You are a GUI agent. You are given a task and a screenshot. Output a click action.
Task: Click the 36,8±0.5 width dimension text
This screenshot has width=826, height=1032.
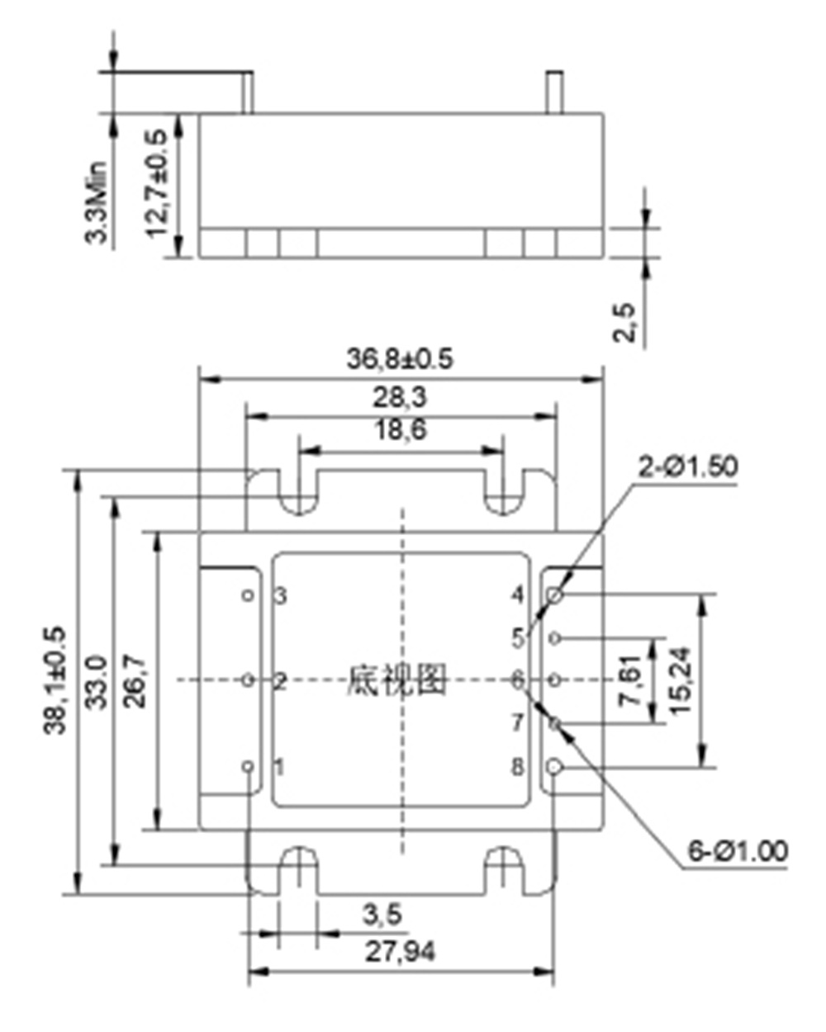click(x=399, y=359)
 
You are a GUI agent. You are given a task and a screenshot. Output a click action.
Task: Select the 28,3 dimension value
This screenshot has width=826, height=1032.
click(x=399, y=398)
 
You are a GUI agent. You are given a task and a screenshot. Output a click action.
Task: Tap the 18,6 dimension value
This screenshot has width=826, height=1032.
click(x=400, y=430)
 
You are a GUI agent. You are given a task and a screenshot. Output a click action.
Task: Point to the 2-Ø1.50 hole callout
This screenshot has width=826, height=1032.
click(x=688, y=467)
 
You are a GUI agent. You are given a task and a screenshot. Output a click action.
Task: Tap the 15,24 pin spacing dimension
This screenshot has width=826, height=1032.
click(x=681, y=680)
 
